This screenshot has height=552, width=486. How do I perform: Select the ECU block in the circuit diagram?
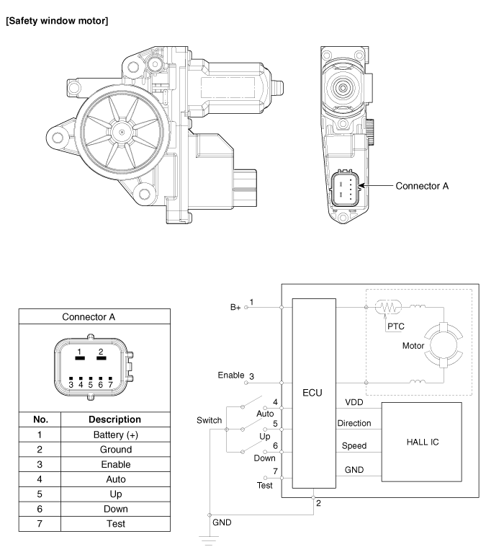point(314,393)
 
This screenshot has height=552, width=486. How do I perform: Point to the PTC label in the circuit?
point(396,326)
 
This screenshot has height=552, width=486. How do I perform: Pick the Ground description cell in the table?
point(116,449)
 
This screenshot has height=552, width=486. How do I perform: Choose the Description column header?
point(116,419)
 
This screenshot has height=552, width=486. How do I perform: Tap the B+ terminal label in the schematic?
point(234,306)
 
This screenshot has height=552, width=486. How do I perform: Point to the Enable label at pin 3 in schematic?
point(231,375)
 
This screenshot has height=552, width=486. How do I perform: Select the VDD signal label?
point(354,402)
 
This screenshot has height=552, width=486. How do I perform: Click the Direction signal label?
point(354,424)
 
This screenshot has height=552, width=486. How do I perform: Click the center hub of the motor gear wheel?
point(122,132)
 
